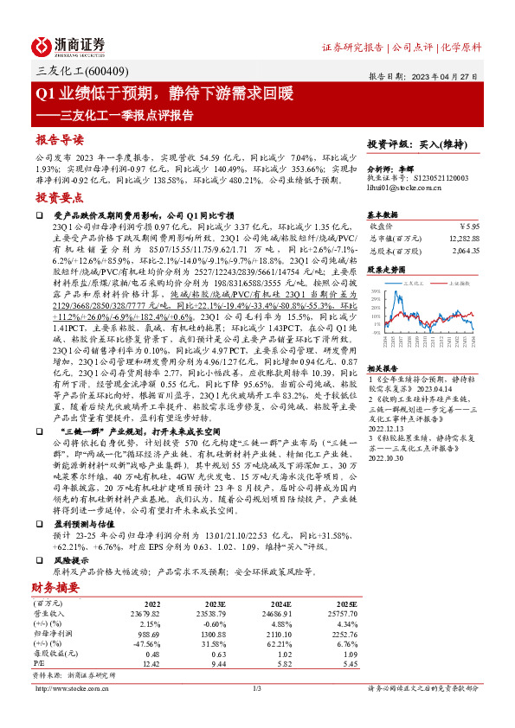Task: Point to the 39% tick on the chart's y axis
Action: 374,291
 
